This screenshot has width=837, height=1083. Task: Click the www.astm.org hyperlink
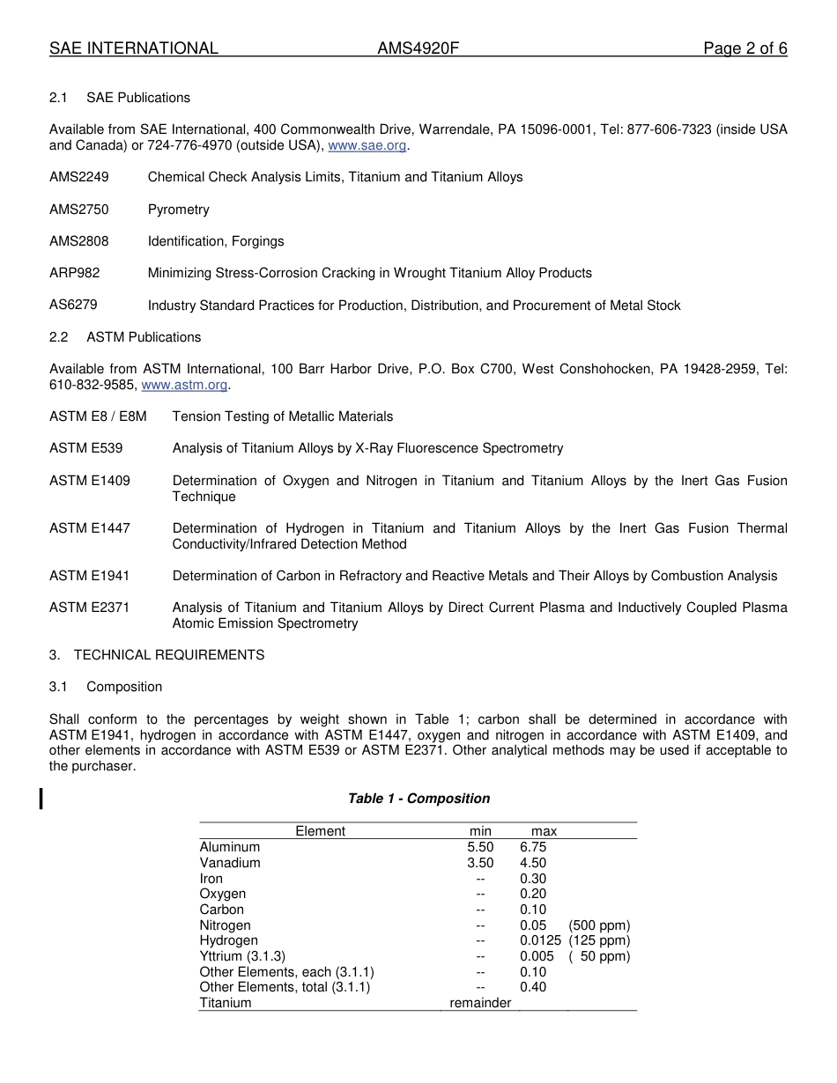[x=184, y=385]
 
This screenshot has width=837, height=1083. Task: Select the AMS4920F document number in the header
[x=418, y=48]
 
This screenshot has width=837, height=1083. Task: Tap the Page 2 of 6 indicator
[x=744, y=48]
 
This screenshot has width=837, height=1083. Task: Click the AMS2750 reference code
[x=79, y=210]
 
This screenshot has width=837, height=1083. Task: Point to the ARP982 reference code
[x=75, y=273]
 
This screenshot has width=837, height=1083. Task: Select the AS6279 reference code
[x=73, y=305]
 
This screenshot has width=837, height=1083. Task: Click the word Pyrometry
[x=178, y=210]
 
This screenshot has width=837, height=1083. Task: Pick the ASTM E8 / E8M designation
[x=98, y=416]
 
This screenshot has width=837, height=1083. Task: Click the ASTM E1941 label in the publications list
[x=89, y=576]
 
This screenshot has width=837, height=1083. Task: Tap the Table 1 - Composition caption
[x=418, y=799]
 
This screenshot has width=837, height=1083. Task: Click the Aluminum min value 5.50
[x=480, y=847]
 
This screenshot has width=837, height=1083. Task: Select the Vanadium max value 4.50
[x=533, y=863]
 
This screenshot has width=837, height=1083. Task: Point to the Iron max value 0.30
[x=533, y=879]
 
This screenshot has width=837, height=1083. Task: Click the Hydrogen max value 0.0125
[x=540, y=940]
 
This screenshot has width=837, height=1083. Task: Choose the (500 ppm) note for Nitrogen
[x=599, y=925]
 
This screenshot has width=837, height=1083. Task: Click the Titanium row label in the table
[x=226, y=1003]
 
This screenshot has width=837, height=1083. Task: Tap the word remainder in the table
[x=480, y=1003]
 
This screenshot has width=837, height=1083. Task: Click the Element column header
[x=320, y=831]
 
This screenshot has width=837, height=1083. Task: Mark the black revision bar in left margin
[x=41, y=799]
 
